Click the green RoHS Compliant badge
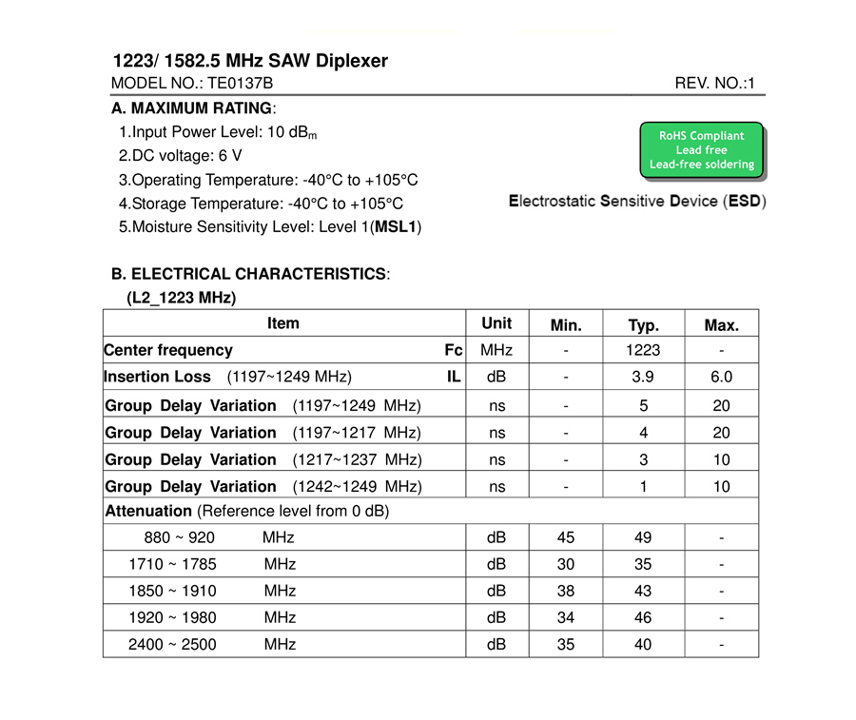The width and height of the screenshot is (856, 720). point(702,150)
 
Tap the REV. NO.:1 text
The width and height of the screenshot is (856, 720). point(714,84)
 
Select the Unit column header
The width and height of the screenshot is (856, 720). point(496,323)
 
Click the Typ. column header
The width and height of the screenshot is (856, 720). point(643,325)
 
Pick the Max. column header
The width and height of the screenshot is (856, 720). point(721,325)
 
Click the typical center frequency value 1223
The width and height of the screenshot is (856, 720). point(643,350)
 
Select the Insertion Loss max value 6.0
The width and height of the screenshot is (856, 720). point(721,377)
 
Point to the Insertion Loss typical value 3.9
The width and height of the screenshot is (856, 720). point(643,377)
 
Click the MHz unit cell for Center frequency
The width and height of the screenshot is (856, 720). point(496,350)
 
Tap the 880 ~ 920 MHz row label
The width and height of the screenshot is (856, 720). point(219,537)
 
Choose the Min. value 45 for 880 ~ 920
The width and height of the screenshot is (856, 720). point(566,537)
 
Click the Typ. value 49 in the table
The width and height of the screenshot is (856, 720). point(643,537)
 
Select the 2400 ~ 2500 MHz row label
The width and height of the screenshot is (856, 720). point(211,645)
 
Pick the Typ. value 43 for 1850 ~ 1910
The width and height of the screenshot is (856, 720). point(643,591)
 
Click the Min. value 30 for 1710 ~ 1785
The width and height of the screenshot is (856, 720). point(566,564)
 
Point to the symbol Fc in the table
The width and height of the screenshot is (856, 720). point(454,350)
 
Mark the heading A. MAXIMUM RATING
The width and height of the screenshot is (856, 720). point(193,108)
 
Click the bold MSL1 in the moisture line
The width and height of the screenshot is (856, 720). point(396,226)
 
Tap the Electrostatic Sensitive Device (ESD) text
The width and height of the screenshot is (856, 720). point(637,202)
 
